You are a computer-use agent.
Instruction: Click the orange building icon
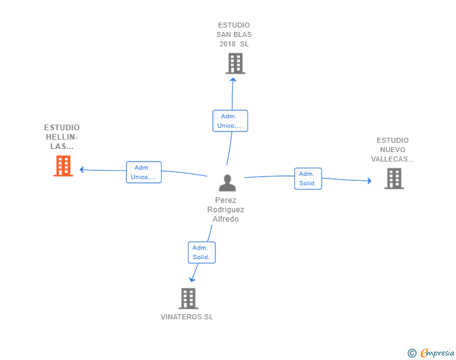pos(63,166)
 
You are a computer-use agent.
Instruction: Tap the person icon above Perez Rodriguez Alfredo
pos(227,183)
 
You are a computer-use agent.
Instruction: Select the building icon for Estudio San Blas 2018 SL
pos(236,63)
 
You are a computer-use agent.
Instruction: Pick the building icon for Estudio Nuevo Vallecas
pos(394,178)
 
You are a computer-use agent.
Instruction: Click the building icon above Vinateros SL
pos(188,299)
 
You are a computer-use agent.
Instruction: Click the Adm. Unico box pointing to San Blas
pos(230,121)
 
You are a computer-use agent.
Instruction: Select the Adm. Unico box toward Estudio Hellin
pos(143,172)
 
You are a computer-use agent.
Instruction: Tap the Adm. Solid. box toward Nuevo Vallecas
pos(308,178)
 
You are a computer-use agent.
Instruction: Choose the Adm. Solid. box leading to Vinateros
pos(202,252)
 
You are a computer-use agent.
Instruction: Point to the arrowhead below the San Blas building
pos(233,80)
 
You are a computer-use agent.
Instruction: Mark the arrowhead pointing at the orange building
pos(81,170)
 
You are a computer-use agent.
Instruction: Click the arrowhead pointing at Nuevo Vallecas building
pos(370,180)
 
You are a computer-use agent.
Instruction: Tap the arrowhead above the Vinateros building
pos(192,280)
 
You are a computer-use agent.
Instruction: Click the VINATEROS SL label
pos(187,317)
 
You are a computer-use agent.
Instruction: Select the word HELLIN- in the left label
pos(62,137)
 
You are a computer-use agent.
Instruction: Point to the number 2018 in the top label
pos(227,44)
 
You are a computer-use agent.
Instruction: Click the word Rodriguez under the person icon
pos(225,210)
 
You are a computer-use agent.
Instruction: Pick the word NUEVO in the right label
pos(393,150)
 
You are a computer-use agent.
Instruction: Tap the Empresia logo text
pos(437,352)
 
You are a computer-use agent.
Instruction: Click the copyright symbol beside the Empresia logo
pos(412,353)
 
